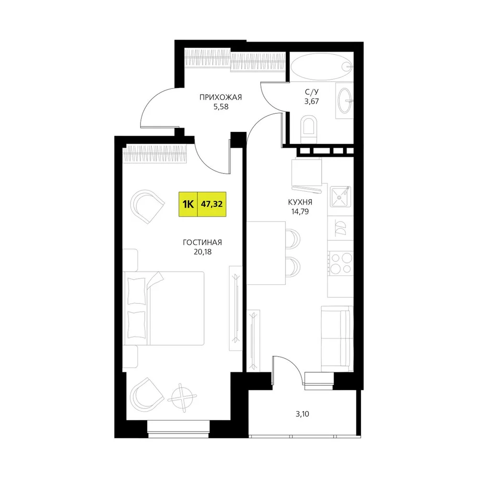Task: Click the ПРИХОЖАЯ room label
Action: point(220,97)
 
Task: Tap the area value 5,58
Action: point(221,107)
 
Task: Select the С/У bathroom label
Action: point(312,92)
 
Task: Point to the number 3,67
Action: point(312,101)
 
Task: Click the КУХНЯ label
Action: point(300,202)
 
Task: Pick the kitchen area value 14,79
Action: point(300,212)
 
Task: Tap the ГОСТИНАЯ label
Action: point(202,242)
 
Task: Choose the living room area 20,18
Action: point(202,252)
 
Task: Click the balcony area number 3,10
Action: point(302,414)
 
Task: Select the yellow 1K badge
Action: point(188,204)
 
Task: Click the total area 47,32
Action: point(212,204)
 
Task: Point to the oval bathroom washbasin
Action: point(346,100)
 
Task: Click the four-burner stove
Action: point(341,263)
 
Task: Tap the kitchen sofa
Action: point(337,339)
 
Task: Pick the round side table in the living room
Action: point(182,398)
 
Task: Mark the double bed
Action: point(163,308)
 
